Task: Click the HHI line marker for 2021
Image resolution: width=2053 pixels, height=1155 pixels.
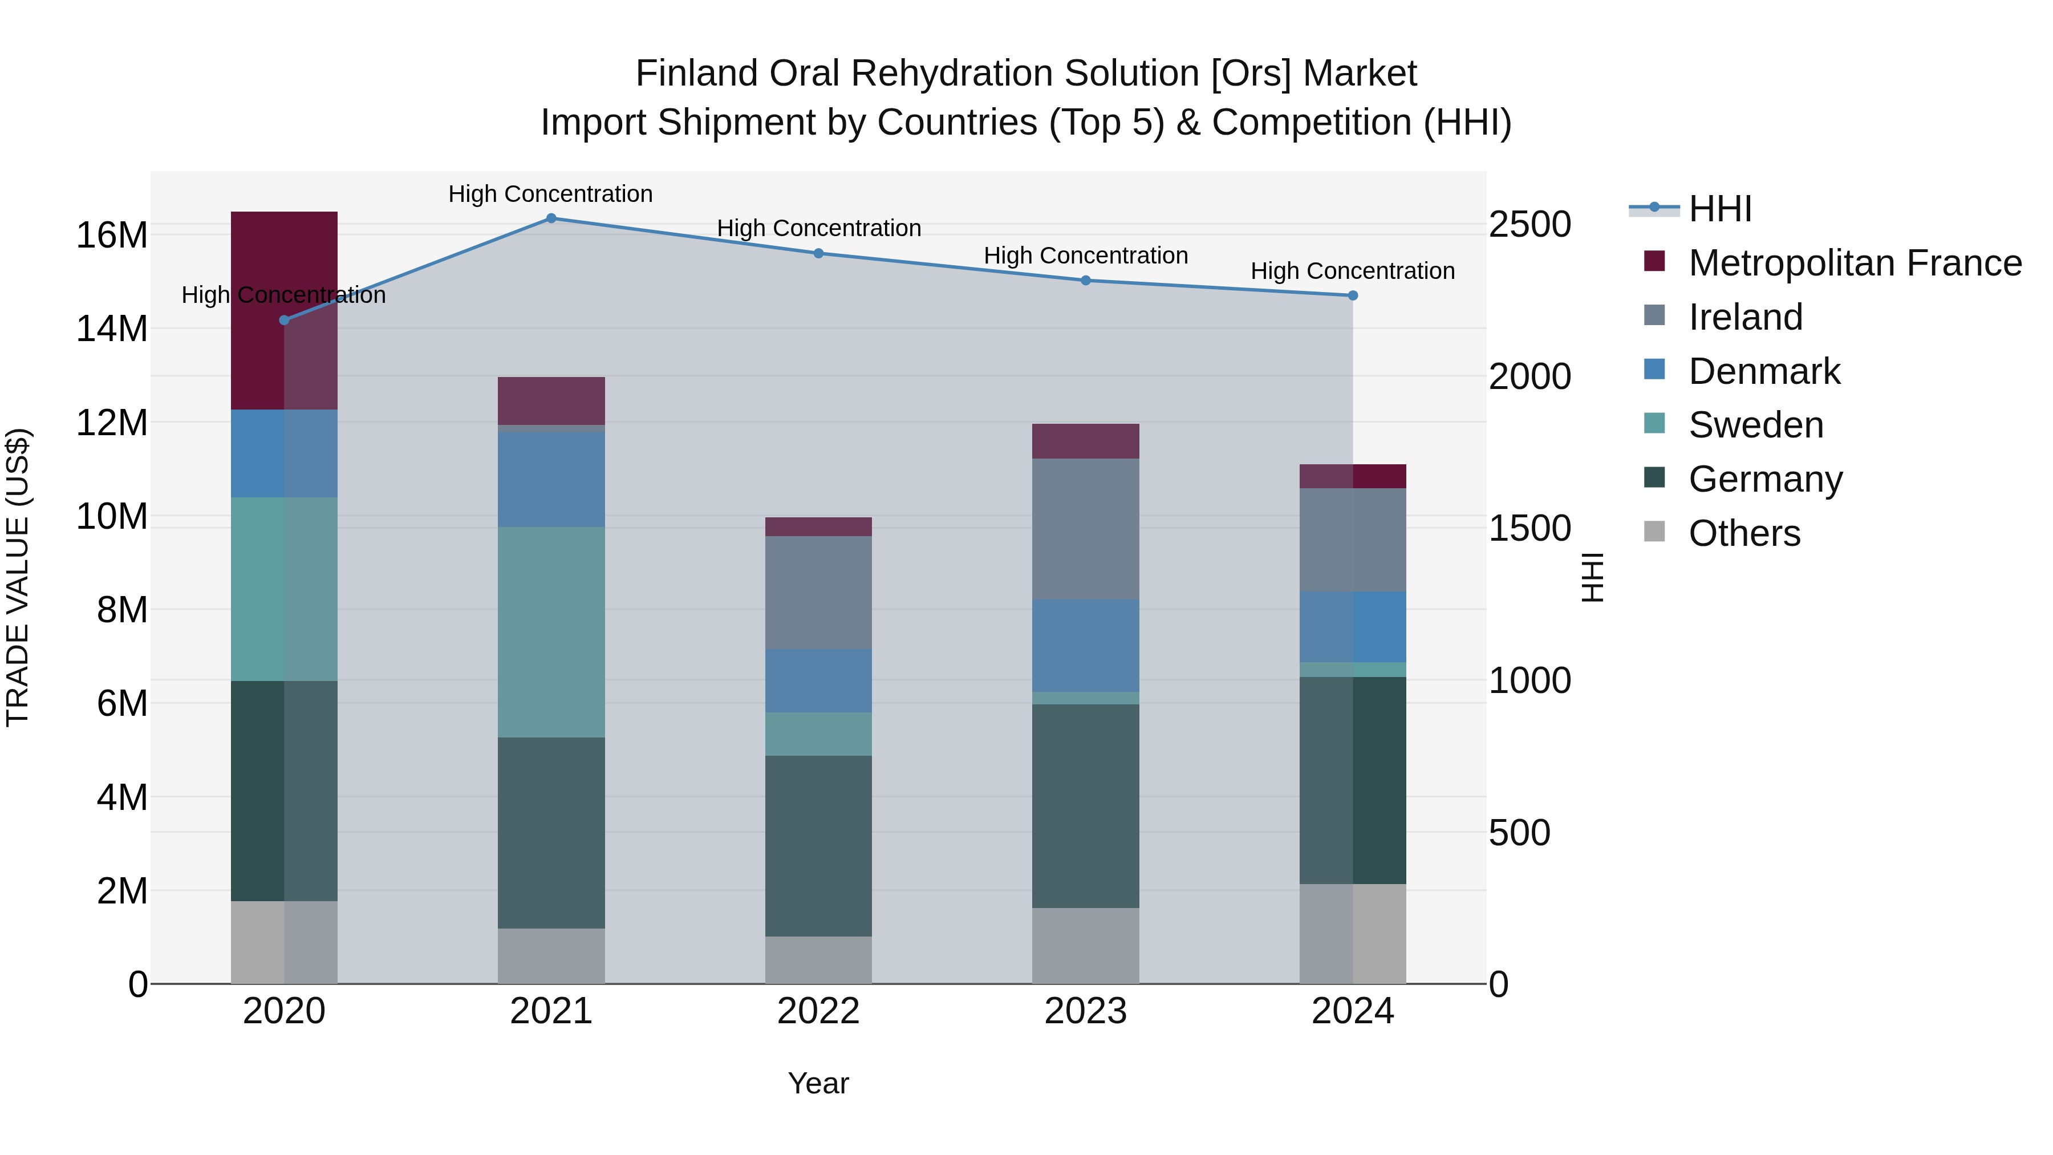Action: point(551,218)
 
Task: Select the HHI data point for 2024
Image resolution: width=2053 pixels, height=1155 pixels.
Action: point(1353,295)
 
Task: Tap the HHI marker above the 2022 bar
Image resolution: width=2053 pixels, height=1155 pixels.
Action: point(818,253)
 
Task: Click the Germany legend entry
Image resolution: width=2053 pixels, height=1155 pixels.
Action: point(1764,479)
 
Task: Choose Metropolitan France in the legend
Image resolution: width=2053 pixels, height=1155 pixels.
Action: point(1854,263)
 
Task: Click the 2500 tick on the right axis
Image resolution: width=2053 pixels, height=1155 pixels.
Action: point(1529,225)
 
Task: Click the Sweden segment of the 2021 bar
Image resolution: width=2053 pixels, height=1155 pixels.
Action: point(551,632)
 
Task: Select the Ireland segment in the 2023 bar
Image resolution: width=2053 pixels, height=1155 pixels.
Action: point(1085,529)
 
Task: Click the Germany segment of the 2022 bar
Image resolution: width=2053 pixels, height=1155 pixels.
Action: point(818,846)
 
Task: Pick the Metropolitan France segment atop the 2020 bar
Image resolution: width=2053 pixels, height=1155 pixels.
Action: point(284,311)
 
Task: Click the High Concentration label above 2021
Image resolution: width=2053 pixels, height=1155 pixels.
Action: point(551,194)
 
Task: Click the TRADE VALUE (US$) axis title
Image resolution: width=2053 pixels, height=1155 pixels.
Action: point(18,577)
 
